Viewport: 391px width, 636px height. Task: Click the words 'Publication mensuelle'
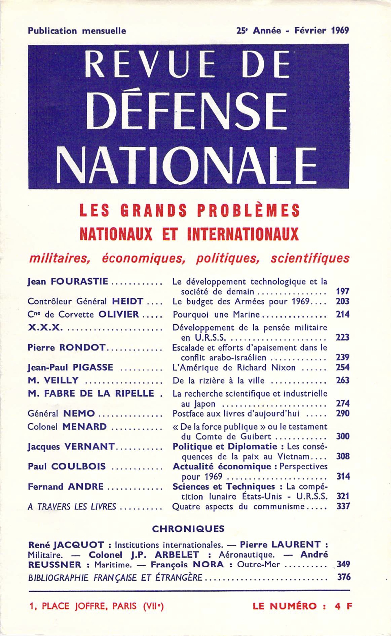click(77, 31)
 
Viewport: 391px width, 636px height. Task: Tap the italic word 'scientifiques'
click(310, 258)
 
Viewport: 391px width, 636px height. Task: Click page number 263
click(343, 381)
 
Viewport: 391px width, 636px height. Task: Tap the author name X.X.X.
click(44, 328)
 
